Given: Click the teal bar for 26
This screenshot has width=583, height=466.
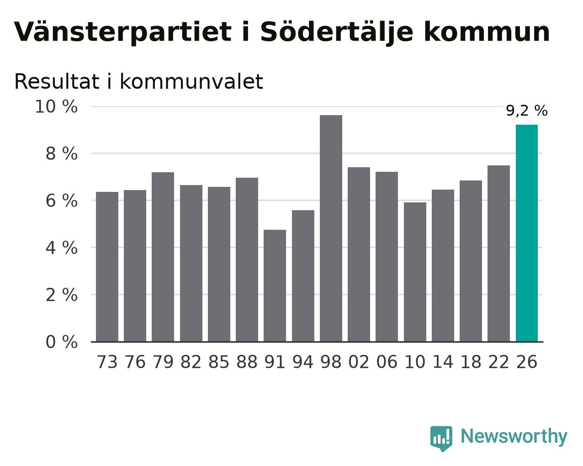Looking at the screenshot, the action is point(526,233).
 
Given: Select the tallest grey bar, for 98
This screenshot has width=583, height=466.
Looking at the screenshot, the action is point(331,228).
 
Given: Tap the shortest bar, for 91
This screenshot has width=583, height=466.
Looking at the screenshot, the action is point(275,286).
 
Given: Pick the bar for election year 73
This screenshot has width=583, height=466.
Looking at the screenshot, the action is point(107,267).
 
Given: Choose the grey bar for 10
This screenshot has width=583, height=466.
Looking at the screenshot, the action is point(415,272).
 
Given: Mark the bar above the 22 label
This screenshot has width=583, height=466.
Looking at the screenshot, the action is point(498,254).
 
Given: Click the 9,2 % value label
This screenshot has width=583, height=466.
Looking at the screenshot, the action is point(527,111).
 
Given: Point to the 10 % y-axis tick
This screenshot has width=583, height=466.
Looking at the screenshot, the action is point(56,106).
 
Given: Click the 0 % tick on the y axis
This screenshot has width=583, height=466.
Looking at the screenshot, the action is point(62,342).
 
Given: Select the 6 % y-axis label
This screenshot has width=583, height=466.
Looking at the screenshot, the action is point(62,201).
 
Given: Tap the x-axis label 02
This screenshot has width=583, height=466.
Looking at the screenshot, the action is point(359,362).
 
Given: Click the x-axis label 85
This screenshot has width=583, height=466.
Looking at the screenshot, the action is point(219,362).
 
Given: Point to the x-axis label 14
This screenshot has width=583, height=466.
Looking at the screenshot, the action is point(443,362).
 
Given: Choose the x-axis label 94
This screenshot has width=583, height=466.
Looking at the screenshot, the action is point(303,362).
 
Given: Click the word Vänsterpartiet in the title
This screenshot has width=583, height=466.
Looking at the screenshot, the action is point(123,32).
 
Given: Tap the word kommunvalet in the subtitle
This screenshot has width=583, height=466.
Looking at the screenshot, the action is point(191,81).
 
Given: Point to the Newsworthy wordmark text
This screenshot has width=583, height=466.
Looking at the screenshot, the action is point(514,436).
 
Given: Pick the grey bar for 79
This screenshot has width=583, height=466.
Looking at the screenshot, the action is point(163,257).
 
